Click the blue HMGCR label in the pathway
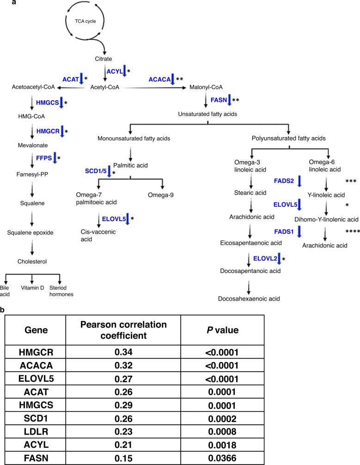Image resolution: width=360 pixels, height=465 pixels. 48,131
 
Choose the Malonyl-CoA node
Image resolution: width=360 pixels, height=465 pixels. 203,87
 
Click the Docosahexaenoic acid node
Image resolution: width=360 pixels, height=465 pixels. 250,299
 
